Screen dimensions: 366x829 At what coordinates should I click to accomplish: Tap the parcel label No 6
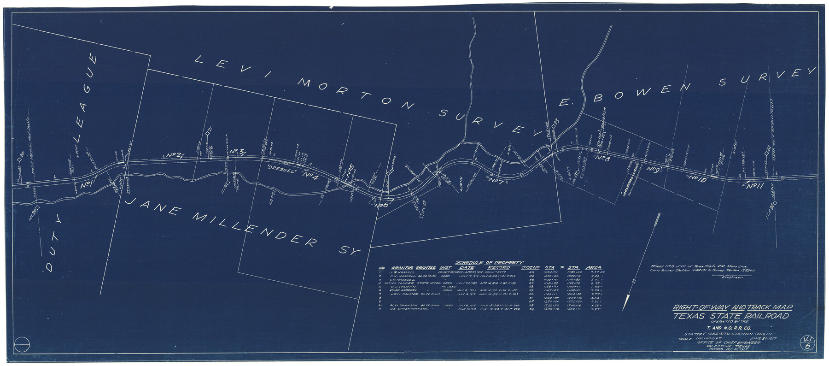[x=382, y=206]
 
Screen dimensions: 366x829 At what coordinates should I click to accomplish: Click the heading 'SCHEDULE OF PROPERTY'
[x=489, y=263]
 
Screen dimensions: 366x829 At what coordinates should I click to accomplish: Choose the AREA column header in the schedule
[x=594, y=268]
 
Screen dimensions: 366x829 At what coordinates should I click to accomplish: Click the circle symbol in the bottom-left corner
[x=22, y=344]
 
